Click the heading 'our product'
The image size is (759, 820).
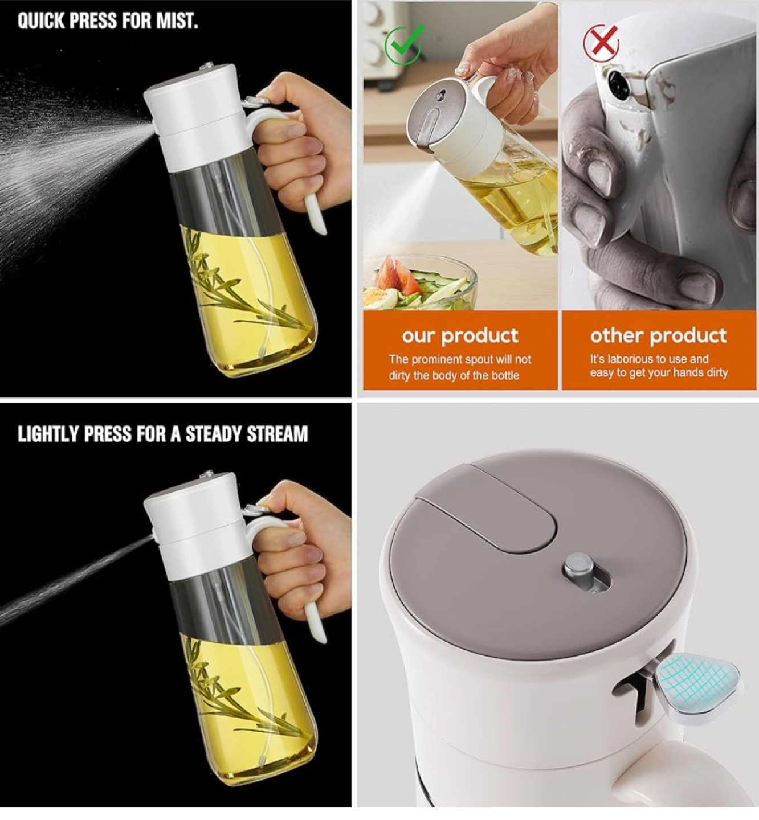coord(460,335)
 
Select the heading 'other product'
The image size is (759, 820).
coord(658,335)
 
